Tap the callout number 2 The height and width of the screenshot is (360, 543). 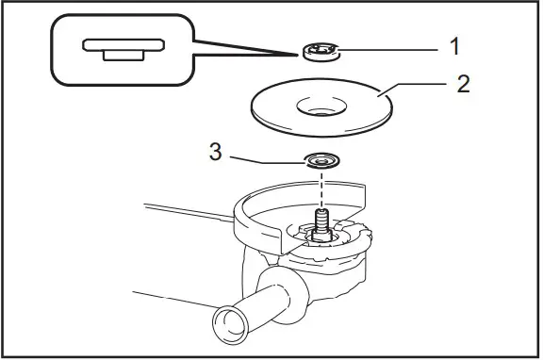(x=462, y=84)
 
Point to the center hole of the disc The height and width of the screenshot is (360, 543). (x=321, y=107)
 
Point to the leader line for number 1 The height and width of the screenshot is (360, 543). (x=387, y=48)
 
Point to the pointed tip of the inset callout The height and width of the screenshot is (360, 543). (x=300, y=54)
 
